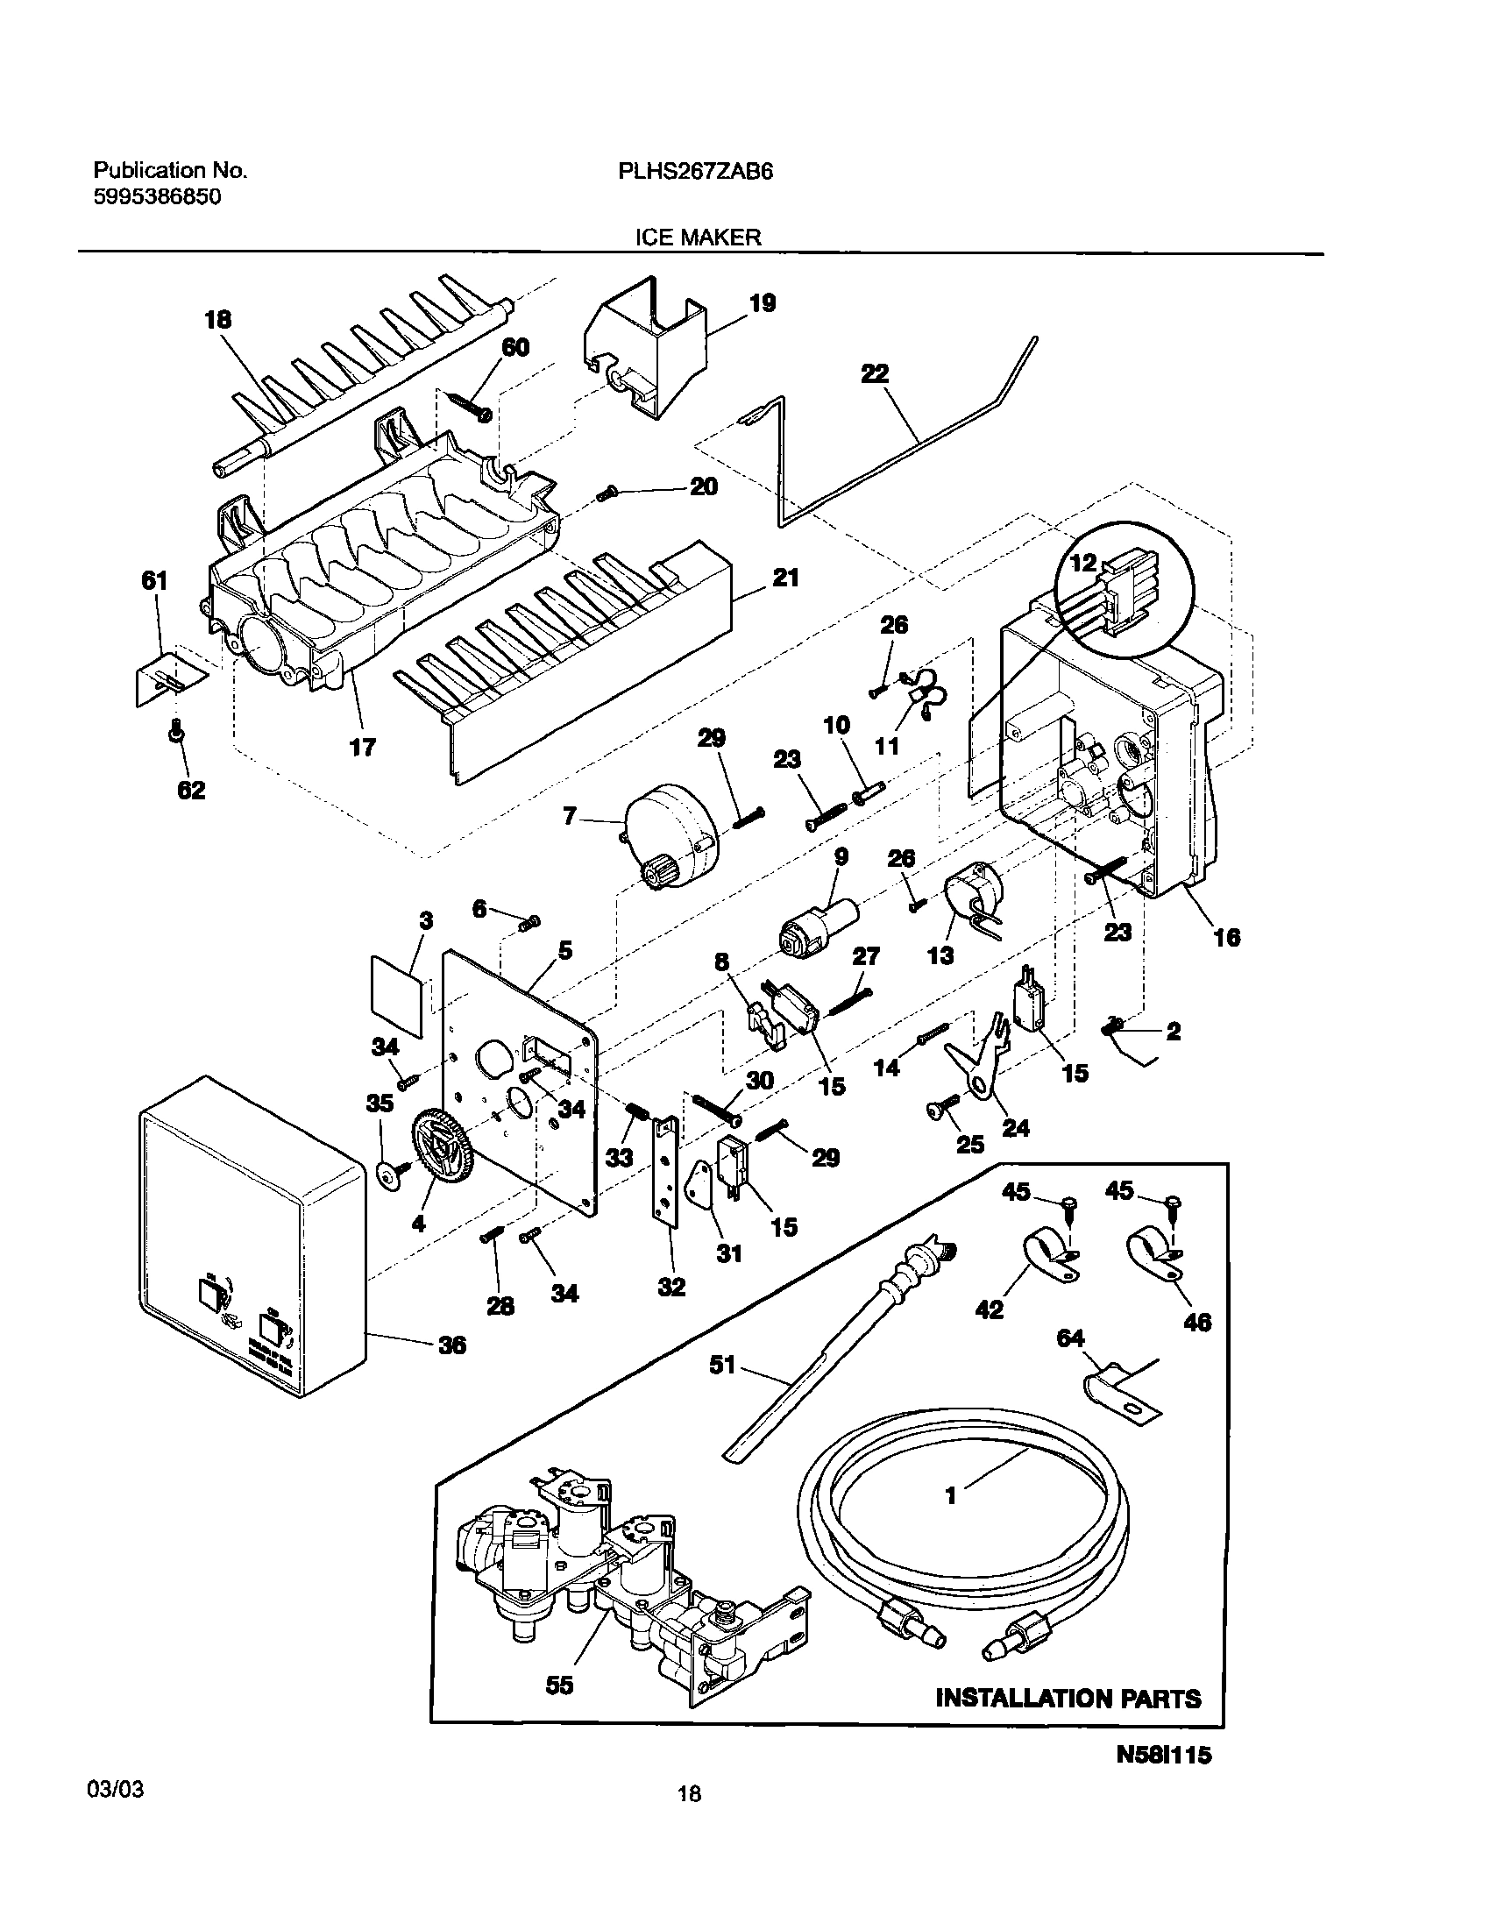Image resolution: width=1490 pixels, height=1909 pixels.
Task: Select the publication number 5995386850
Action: pyautogui.click(x=157, y=197)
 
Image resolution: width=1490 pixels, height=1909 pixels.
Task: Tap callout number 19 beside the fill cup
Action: pyautogui.click(x=763, y=303)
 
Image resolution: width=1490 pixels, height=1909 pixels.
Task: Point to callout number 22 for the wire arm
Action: pyautogui.click(x=875, y=373)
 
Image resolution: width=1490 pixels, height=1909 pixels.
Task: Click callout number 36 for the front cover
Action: pyautogui.click(x=451, y=1345)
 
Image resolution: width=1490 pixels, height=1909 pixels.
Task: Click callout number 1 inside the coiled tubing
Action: pyautogui.click(x=950, y=1495)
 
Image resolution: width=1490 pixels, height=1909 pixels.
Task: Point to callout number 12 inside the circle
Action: pyautogui.click(x=1083, y=564)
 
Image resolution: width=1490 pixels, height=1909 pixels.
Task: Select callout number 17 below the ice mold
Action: pyautogui.click(x=362, y=747)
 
